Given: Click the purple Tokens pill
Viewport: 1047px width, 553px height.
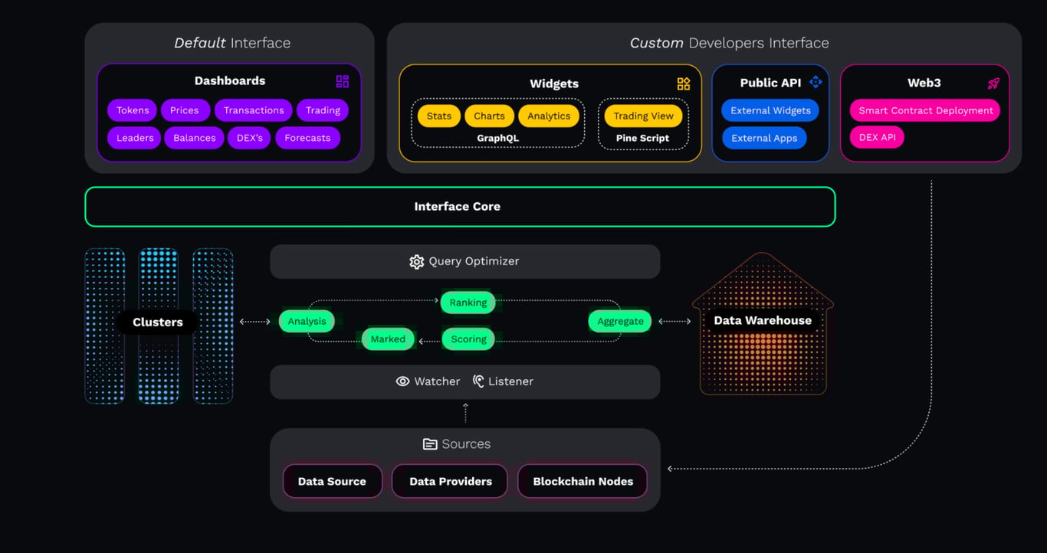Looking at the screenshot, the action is coord(133,110).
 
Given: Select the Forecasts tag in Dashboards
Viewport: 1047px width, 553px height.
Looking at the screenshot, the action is coord(307,138).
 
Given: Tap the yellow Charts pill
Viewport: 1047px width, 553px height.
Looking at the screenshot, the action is coord(489,116).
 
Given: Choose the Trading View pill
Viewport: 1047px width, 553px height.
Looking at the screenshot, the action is coord(643,116).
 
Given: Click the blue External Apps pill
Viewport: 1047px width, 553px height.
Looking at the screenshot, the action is coord(764,138).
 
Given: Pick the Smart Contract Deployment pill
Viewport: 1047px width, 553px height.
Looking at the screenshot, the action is coord(925,110).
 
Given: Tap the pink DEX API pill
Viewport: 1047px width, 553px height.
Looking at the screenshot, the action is coord(878,137).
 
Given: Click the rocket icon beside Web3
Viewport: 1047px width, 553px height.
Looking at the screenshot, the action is coord(993,83).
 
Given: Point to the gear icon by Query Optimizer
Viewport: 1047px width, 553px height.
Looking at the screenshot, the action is coord(416,261).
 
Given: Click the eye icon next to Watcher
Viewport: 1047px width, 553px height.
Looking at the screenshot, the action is coord(402,381).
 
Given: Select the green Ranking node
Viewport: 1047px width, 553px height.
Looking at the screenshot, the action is coord(468,303).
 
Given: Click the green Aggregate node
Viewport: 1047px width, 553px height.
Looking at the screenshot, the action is coord(620,322).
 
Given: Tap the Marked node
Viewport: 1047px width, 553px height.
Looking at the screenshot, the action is coord(388,339).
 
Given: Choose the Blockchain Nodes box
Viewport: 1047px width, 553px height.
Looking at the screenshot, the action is coord(583,481).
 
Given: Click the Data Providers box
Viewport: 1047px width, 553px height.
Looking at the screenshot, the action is coord(451,481).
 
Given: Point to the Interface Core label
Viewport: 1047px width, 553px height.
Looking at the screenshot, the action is coord(457,207).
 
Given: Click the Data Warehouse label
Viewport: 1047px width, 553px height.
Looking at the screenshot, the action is coord(763,320).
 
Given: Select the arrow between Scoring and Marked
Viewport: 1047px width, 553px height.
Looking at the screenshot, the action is coord(429,342).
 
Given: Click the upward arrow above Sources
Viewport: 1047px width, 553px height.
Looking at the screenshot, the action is coord(465,413).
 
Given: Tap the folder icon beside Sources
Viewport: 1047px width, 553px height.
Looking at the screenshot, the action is coord(429,443).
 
